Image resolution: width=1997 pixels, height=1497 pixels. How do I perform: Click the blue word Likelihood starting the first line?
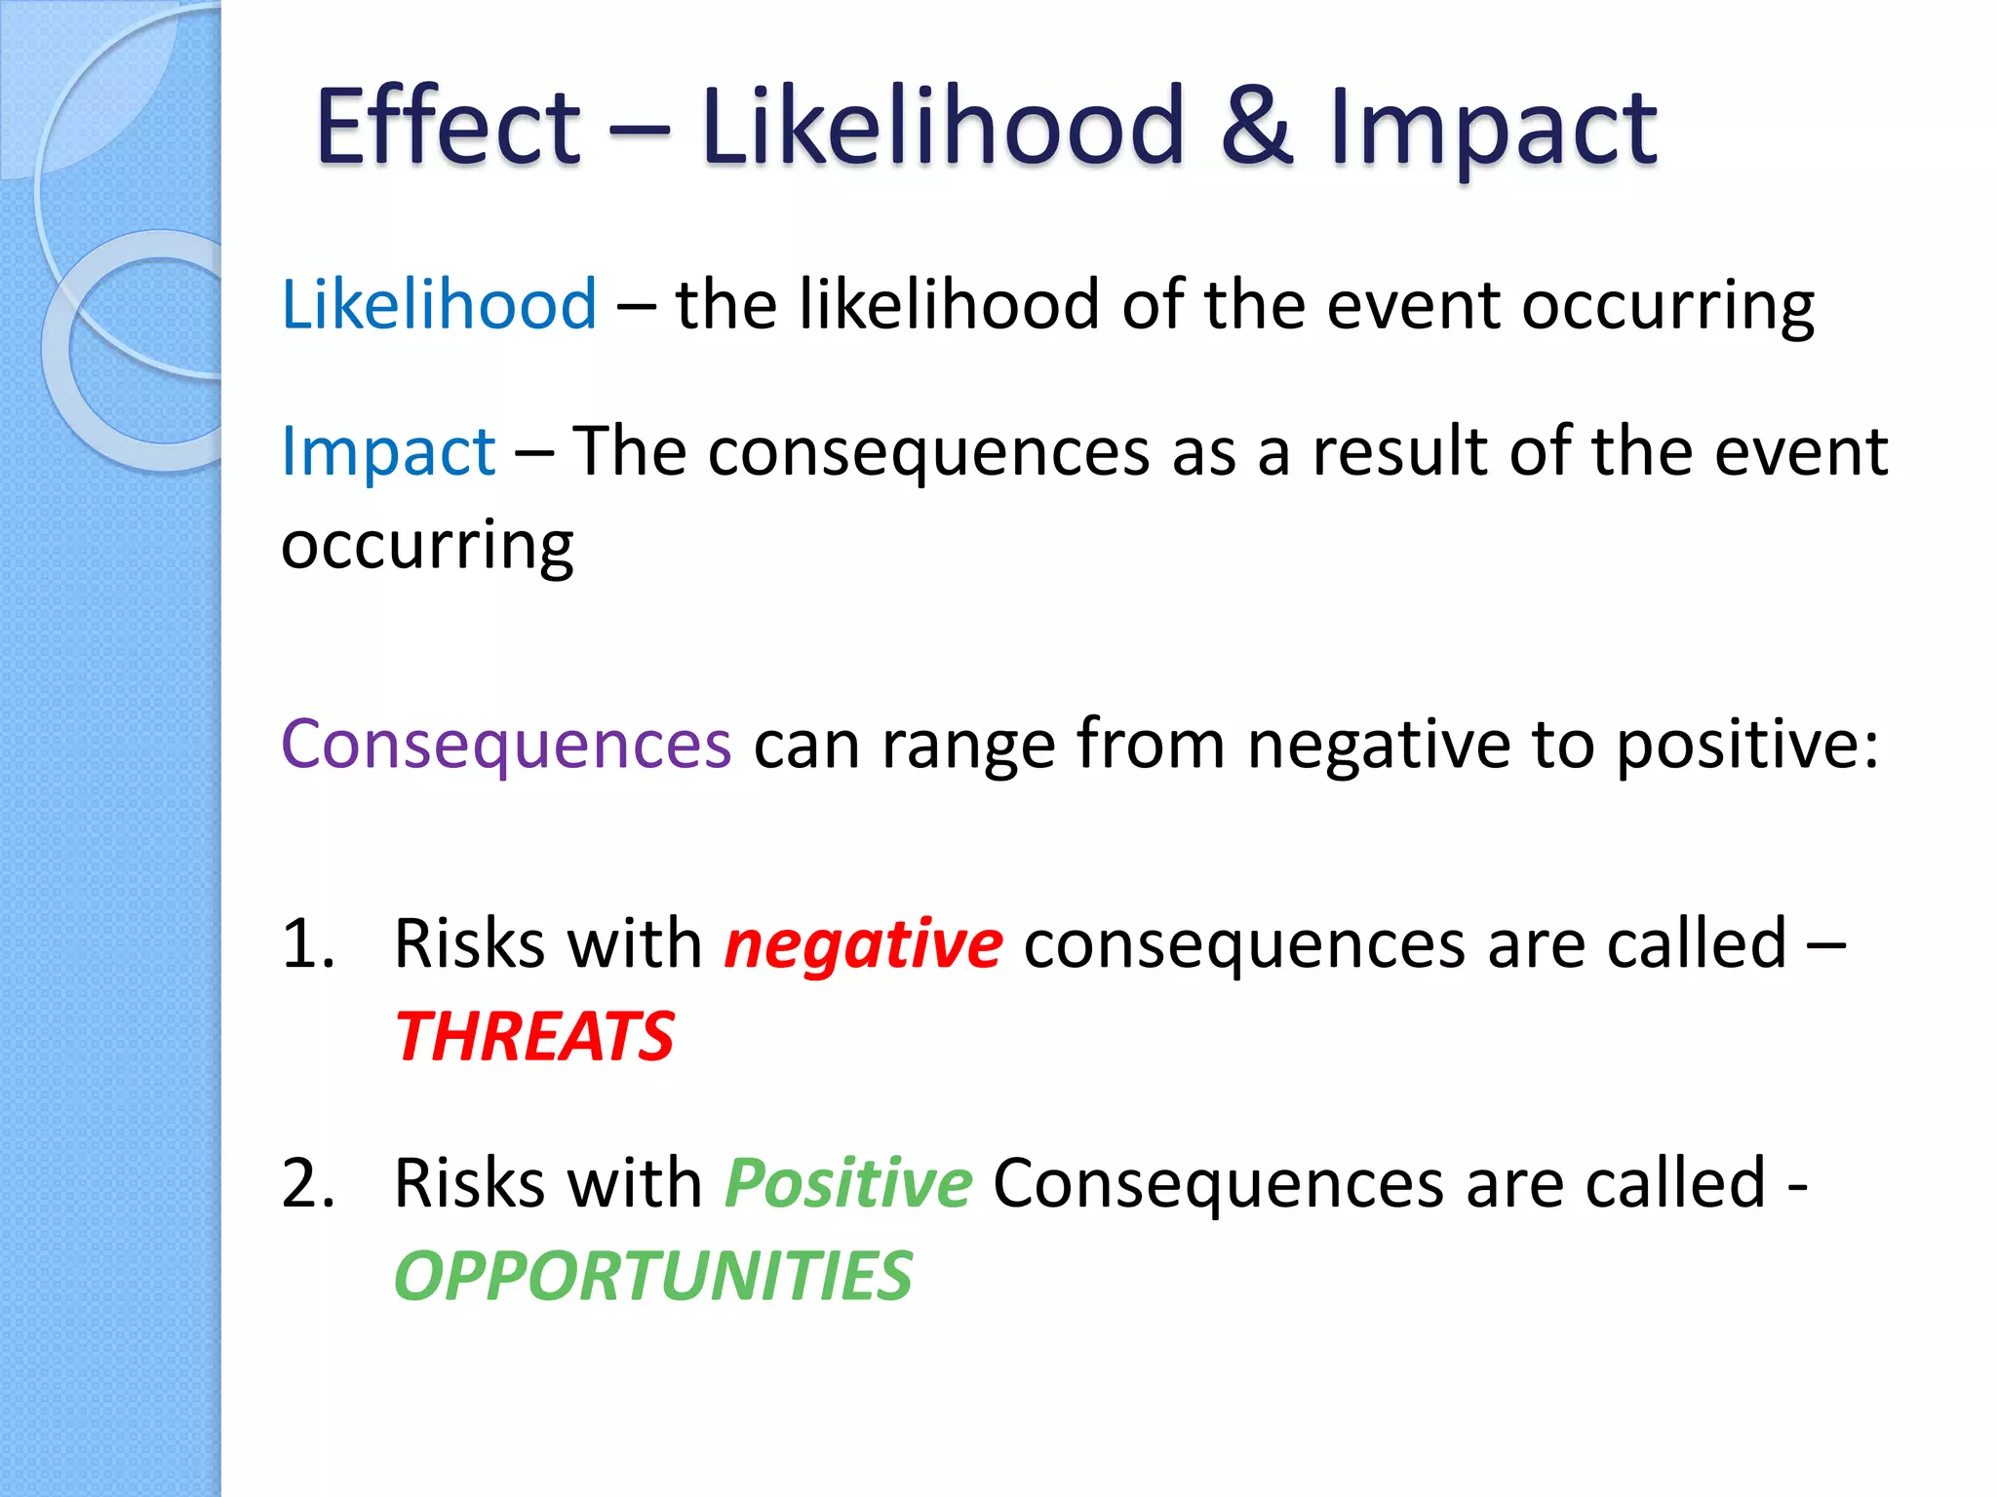point(439,305)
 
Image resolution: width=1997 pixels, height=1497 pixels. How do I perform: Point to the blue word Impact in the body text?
point(388,453)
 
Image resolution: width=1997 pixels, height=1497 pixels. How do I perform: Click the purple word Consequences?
point(505,745)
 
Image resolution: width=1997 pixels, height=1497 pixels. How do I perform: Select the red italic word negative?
point(863,945)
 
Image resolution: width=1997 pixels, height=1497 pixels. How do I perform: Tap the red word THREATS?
point(534,1037)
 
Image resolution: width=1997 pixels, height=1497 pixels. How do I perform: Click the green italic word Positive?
point(848,1185)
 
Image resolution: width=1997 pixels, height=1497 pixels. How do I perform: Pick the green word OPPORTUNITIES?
point(653,1277)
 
